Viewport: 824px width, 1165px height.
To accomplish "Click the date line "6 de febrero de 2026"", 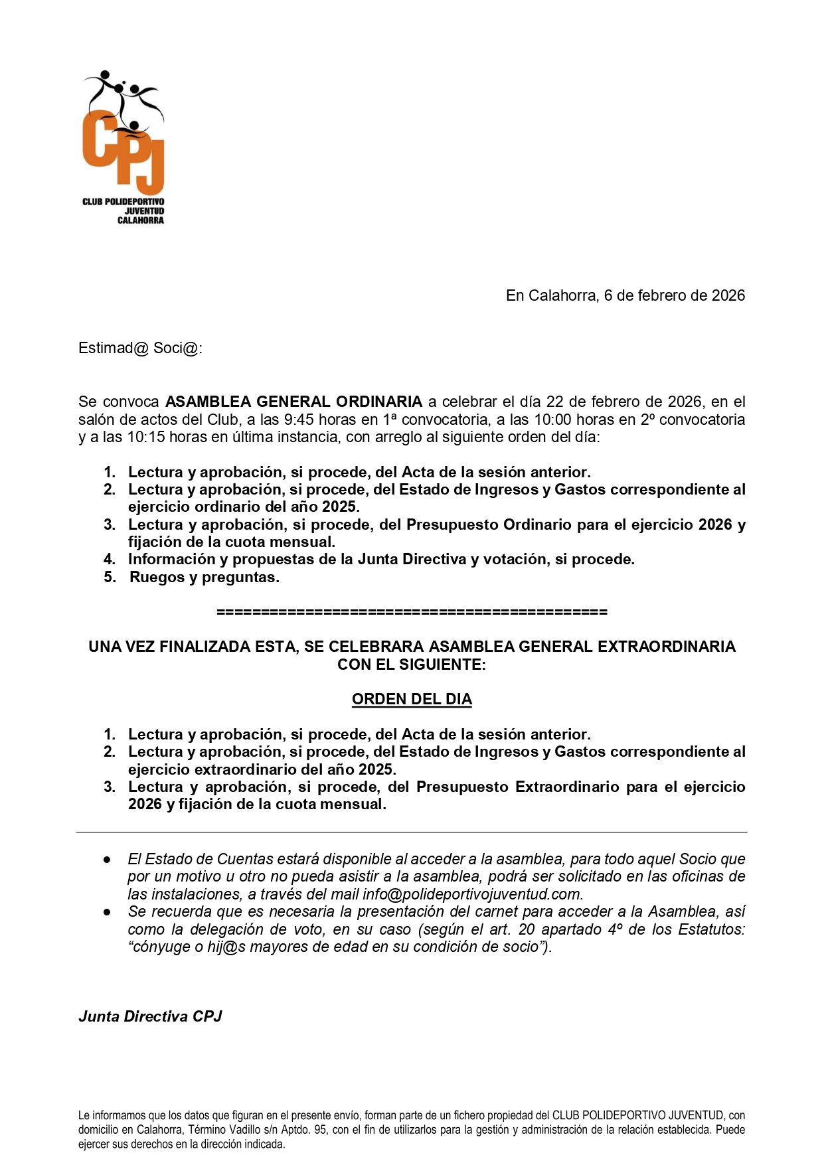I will pyautogui.click(x=674, y=295).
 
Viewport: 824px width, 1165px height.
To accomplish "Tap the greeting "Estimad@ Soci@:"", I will pyautogui.click(x=140, y=349).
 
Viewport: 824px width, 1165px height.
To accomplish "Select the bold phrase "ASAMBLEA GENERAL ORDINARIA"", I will pyautogui.click(x=293, y=402).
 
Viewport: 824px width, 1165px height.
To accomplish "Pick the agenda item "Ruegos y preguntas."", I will pyautogui.click(x=204, y=577).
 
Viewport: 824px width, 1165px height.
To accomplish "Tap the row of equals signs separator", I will pyautogui.click(x=412, y=611).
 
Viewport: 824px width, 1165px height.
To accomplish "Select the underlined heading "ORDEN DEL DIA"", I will pyautogui.click(x=412, y=699).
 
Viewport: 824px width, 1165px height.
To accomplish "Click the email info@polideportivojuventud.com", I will pyautogui.click(x=472, y=894).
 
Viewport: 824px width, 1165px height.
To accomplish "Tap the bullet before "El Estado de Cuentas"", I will pyautogui.click(x=107, y=860).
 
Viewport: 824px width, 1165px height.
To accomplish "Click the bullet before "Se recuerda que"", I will pyautogui.click(x=107, y=912).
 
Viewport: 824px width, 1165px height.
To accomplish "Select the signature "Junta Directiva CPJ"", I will pyautogui.click(x=150, y=1016).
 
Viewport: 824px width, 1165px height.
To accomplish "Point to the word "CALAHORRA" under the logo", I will pyautogui.click(x=140, y=220).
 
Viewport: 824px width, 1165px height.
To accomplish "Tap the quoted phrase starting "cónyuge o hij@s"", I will pyautogui.click(x=339, y=947).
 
